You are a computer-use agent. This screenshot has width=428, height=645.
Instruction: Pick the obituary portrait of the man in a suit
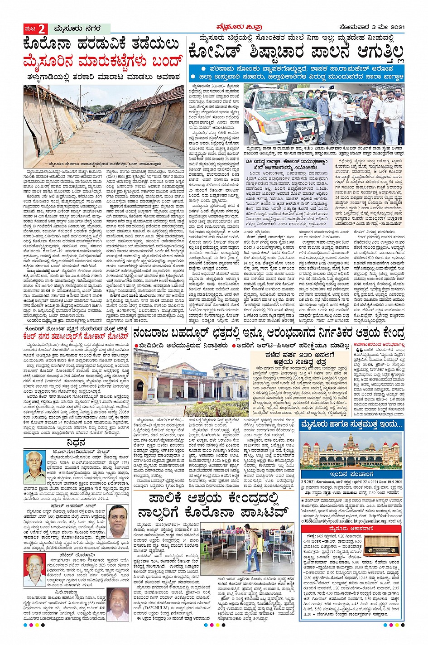(119, 521)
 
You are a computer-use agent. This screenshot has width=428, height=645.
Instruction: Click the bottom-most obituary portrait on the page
(118, 604)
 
